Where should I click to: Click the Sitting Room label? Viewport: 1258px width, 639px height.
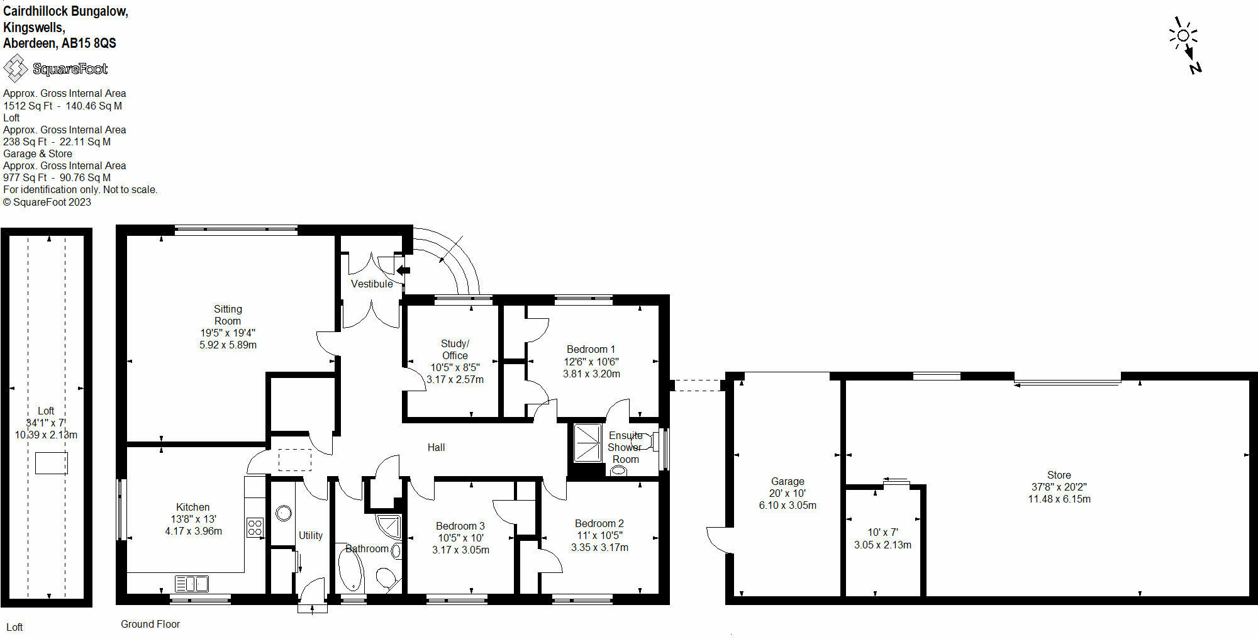click(x=228, y=314)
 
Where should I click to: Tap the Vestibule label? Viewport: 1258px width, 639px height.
click(x=372, y=284)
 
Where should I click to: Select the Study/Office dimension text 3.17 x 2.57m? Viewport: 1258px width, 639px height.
click(x=455, y=379)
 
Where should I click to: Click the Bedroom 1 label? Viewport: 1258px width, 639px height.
click(x=591, y=349)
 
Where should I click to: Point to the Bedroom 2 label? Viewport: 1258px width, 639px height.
click(x=599, y=523)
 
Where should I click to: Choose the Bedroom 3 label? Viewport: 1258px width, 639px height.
click(x=460, y=526)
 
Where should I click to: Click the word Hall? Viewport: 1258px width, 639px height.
click(x=436, y=447)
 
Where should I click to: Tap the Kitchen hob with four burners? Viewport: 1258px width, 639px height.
click(x=255, y=527)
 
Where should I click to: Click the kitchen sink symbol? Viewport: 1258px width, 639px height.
click(x=191, y=584)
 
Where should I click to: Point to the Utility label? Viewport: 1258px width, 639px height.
click(x=310, y=535)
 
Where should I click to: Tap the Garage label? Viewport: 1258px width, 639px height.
click(x=788, y=481)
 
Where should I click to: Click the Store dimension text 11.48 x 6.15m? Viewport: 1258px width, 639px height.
click(x=1059, y=499)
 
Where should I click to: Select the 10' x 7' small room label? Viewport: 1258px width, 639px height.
click(x=882, y=532)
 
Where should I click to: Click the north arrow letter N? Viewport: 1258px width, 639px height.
click(x=1196, y=68)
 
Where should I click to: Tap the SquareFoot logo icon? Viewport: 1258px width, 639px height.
click(x=15, y=68)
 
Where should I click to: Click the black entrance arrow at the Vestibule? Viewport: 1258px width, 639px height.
click(x=403, y=270)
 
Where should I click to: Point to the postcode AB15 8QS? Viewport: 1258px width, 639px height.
click(x=89, y=43)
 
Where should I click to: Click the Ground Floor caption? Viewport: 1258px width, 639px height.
click(x=150, y=624)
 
